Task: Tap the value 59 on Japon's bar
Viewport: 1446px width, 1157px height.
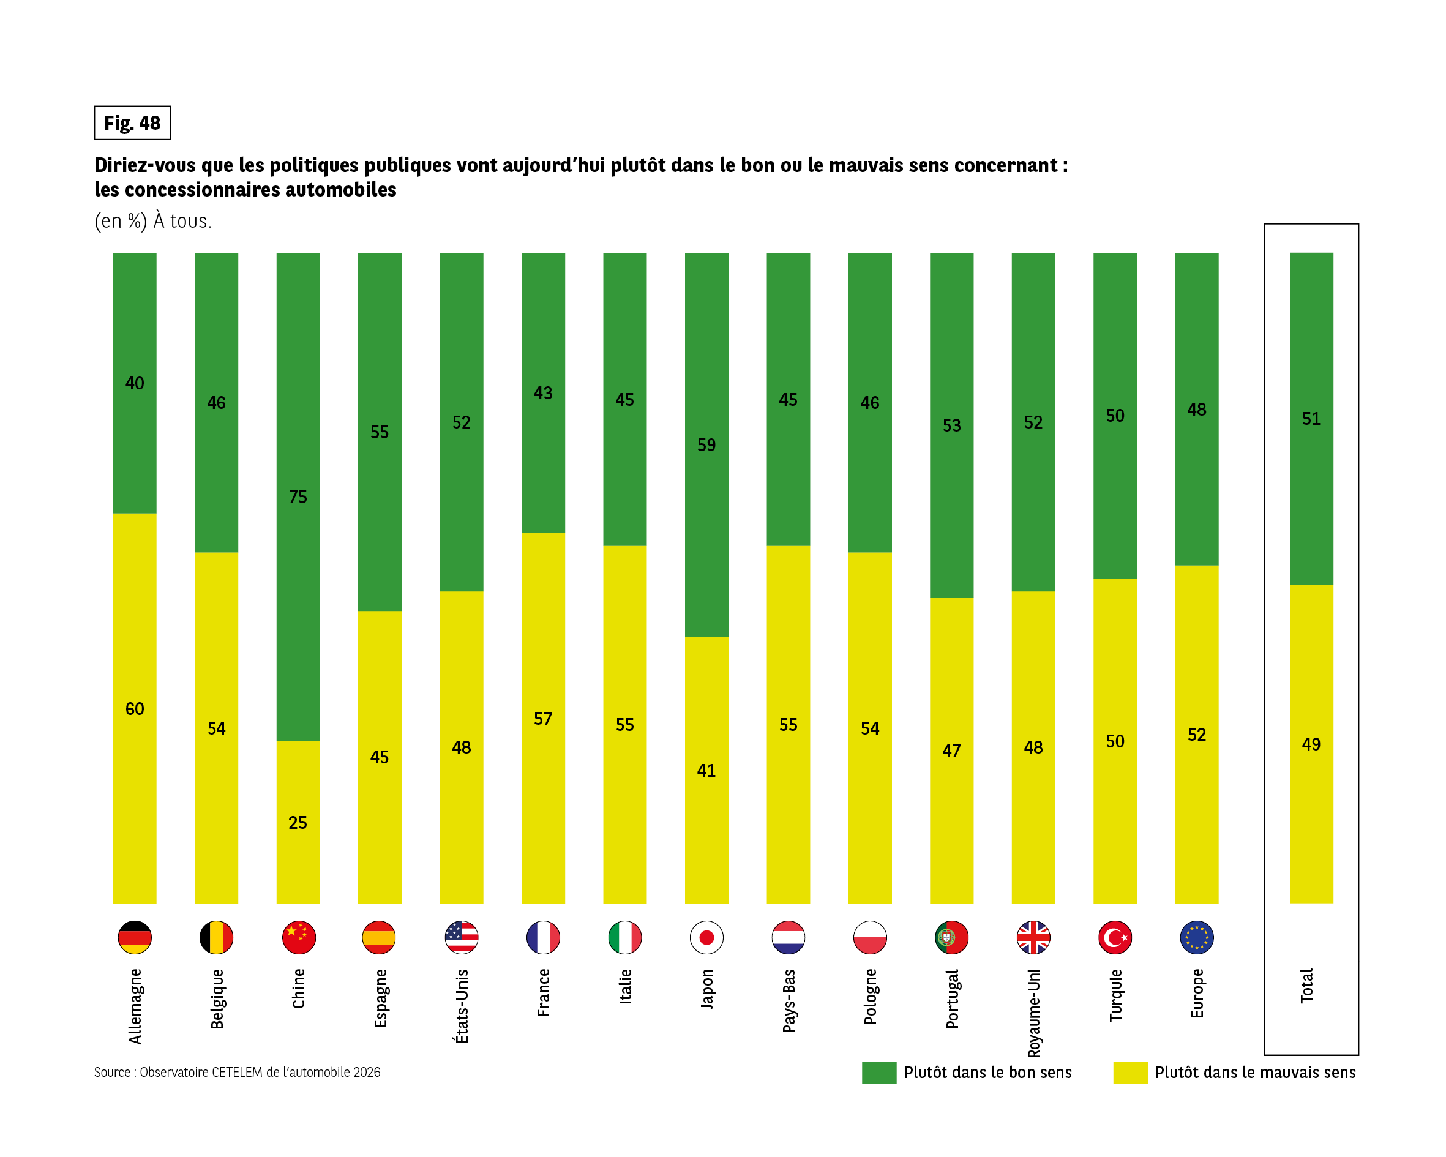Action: (x=706, y=444)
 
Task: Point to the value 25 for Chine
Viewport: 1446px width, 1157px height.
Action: (x=298, y=822)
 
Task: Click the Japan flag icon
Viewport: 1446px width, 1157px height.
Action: (x=706, y=937)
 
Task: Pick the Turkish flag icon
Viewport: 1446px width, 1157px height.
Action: (x=1115, y=937)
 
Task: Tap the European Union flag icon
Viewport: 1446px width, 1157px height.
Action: (x=1196, y=937)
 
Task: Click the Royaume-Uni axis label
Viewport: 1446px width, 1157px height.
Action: (x=1033, y=1013)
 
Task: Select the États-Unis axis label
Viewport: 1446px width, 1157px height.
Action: (x=462, y=1005)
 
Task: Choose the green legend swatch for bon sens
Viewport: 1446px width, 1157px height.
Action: (x=878, y=1072)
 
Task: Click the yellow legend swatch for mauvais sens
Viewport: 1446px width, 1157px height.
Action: (x=1130, y=1072)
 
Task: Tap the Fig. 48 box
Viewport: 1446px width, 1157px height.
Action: (x=132, y=123)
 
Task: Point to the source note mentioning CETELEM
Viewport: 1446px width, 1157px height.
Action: (x=237, y=1072)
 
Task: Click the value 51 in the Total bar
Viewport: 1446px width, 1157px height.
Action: (x=1311, y=419)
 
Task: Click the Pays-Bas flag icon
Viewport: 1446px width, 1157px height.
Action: (x=788, y=937)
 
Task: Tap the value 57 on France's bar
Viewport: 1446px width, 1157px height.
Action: (x=542, y=718)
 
